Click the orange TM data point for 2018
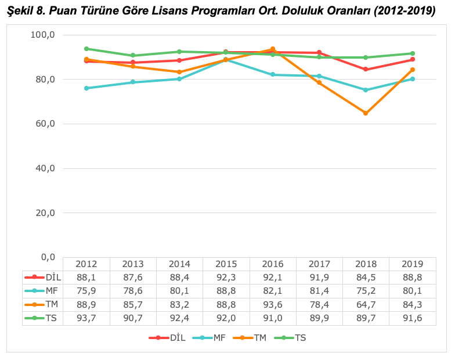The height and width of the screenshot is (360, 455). click(366, 113)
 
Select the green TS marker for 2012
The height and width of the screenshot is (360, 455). click(86, 49)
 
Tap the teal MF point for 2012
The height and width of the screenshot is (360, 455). click(86, 88)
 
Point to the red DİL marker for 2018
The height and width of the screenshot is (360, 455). click(366, 69)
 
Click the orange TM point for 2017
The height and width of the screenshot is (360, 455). click(319, 83)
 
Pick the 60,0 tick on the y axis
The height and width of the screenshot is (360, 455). click(42, 124)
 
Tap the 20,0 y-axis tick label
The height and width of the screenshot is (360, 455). click(42, 213)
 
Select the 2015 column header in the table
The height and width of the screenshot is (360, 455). click(226, 264)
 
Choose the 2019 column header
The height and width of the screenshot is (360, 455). click(412, 264)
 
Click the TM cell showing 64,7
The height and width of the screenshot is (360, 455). click(366, 305)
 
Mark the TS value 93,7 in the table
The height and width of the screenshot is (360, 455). click(86, 318)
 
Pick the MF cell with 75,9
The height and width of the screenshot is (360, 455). click(86, 291)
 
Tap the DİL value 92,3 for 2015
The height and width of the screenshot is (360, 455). click(226, 278)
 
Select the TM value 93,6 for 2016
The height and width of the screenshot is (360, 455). click(272, 305)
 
